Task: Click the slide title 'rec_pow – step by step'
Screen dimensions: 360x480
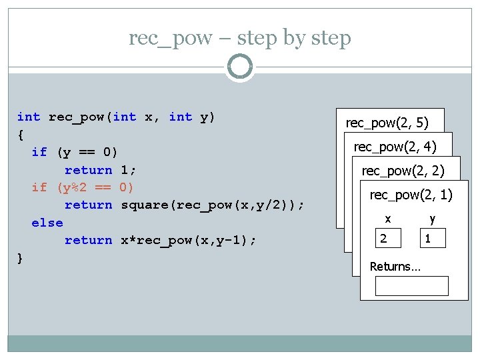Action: click(240, 38)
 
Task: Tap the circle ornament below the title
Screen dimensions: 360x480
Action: click(240, 67)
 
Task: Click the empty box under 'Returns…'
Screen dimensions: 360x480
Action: click(411, 285)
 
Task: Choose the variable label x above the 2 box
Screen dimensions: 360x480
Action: click(387, 219)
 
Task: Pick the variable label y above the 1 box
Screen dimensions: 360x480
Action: click(433, 219)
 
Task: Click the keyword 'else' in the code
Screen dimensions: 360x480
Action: click(47, 223)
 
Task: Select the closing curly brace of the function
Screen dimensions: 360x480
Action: click(20, 258)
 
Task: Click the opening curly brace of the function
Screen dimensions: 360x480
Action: click(20, 135)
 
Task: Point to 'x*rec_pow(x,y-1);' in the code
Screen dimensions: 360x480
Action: click(189, 240)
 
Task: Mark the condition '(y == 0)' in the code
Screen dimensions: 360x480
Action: click(87, 152)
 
